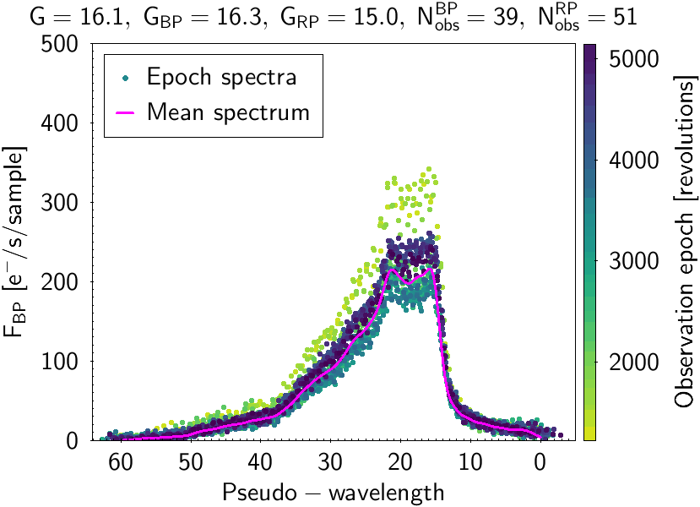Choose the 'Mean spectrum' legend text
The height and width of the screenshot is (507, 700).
coord(228,111)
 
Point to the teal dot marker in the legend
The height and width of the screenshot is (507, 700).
coord(126,78)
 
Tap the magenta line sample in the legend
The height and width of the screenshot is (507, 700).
coord(126,111)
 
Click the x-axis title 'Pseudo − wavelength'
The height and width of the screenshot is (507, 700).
coord(333,491)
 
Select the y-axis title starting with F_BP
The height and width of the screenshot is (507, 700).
coord(19,242)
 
